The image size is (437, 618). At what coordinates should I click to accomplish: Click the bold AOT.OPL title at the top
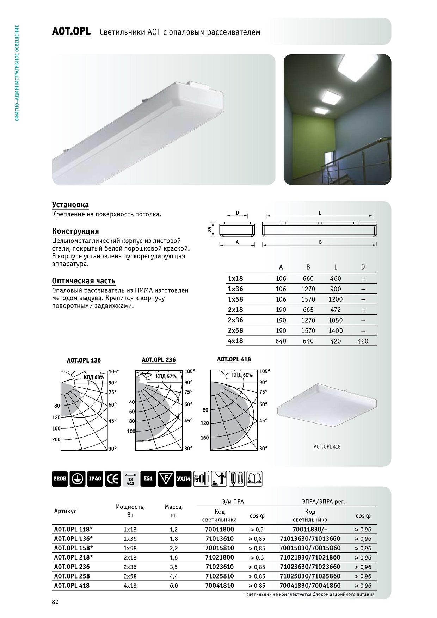[x=71, y=31]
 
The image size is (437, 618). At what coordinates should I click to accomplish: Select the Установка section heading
[x=70, y=205]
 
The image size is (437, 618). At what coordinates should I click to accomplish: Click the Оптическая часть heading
[x=84, y=281]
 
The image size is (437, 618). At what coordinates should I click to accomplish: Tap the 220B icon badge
[x=60, y=479]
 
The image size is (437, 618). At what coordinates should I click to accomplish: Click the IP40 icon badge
[x=95, y=479]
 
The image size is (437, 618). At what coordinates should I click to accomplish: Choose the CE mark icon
[x=113, y=479]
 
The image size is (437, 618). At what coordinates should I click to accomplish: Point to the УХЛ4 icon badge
[x=184, y=479]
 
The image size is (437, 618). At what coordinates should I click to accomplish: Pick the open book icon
[x=254, y=479]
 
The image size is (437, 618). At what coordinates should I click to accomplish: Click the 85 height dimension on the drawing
[x=210, y=229]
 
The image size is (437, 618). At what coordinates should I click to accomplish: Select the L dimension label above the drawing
[x=320, y=213]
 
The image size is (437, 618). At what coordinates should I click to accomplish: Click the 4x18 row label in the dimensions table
[x=235, y=341]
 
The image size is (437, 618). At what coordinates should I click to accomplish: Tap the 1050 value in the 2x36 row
[x=336, y=320]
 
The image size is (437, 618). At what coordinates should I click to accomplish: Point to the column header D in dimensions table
[x=363, y=267]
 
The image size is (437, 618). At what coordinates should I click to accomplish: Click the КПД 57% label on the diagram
[x=166, y=376]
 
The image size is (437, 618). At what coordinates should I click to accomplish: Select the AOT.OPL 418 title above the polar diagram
[x=234, y=359]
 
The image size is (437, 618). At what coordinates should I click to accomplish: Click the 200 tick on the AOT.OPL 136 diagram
[x=56, y=440]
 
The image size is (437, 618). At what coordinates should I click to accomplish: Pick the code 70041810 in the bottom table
[x=220, y=586]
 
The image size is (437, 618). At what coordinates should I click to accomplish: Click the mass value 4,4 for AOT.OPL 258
[x=174, y=576]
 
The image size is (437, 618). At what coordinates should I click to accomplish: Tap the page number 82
[x=55, y=602]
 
